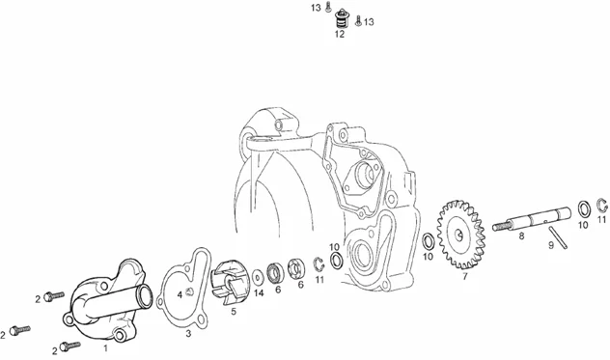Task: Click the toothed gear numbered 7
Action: (x=461, y=235)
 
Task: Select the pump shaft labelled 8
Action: (x=532, y=220)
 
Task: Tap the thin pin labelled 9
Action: (x=558, y=237)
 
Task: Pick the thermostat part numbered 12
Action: (x=343, y=18)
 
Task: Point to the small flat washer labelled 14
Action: (x=258, y=277)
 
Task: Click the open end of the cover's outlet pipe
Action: (x=145, y=294)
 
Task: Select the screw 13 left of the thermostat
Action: (x=327, y=6)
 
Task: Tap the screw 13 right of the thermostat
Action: (x=358, y=21)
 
